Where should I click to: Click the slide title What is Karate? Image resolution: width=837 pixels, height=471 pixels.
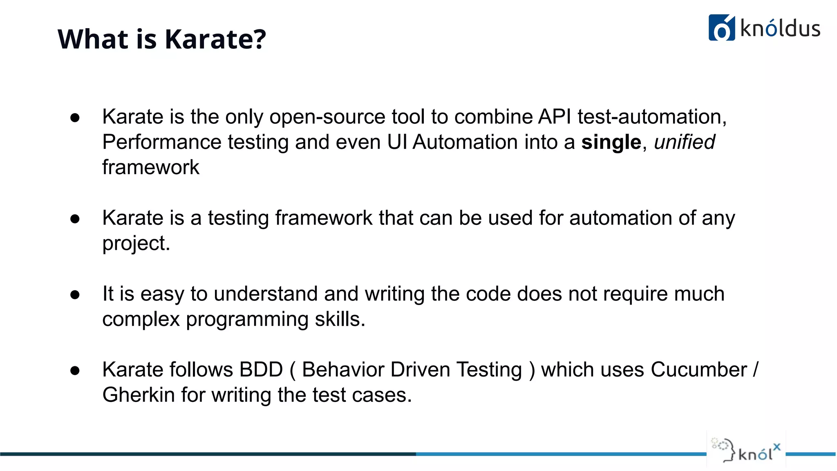point(161,39)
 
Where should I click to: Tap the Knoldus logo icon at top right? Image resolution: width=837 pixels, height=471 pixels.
point(721,28)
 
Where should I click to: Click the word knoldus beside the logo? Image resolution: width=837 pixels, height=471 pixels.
point(780,29)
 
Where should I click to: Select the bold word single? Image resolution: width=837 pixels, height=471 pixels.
point(611,142)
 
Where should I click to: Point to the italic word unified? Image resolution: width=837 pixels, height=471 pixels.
point(684,142)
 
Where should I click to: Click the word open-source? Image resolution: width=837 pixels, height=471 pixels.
point(327,117)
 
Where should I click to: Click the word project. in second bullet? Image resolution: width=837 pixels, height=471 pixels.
point(136,244)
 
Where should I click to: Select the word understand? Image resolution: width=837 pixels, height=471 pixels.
point(266,294)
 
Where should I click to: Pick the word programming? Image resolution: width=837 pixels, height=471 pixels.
point(247,319)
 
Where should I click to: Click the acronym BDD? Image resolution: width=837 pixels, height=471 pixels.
point(261,370)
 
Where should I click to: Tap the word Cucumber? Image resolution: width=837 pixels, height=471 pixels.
point(699,370)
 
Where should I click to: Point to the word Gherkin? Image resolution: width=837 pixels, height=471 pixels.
point(139,395)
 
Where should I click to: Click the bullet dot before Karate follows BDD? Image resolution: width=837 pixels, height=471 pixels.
point(75,370)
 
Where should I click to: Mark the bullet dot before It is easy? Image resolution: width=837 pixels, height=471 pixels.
point(75,295)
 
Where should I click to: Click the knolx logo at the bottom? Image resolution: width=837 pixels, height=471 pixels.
point(746,450)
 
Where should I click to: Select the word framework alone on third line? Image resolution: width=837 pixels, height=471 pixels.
point(151,168)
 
